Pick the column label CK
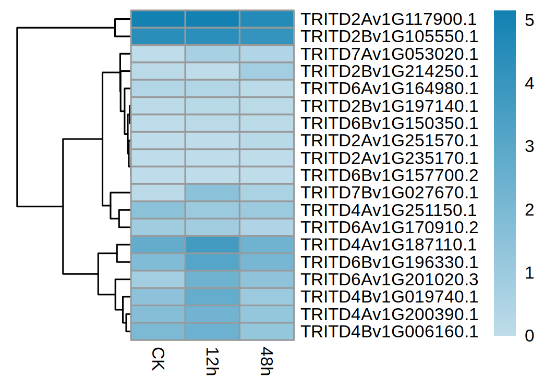157,359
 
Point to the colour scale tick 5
529,20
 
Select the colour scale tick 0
529,336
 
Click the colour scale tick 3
529,147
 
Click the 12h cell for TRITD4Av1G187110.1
212,245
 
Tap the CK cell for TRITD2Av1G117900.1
158,20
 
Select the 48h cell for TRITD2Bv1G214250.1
267,71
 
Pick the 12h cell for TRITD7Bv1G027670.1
212,193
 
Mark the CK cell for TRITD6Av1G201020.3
158,280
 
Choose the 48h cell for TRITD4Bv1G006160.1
267,331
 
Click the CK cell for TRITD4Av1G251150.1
158,210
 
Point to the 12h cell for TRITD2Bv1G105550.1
212,37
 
